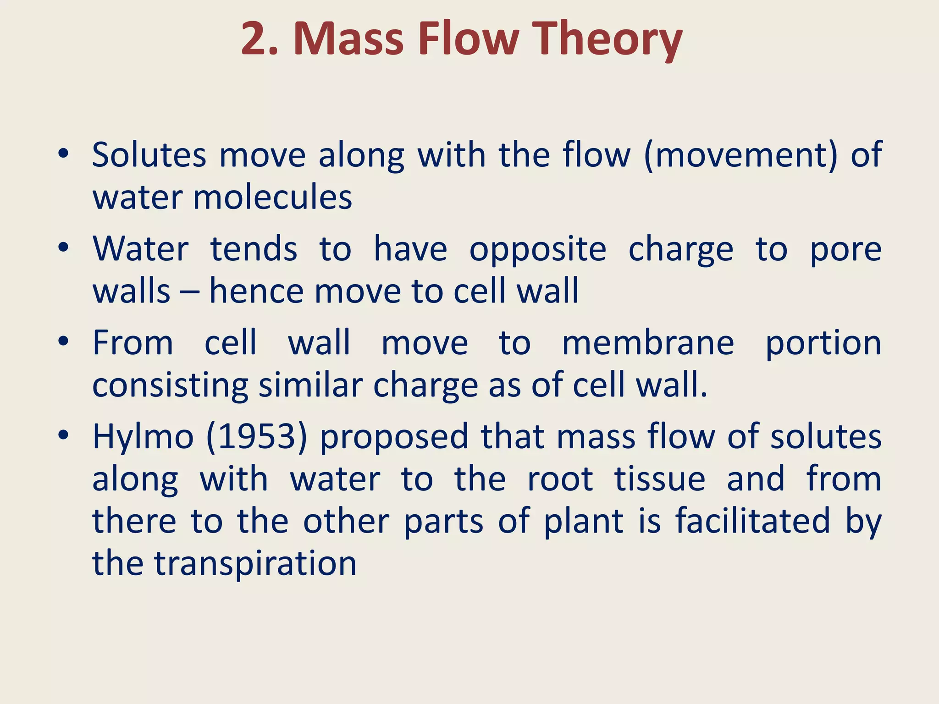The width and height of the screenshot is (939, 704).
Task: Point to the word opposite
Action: point(538,249)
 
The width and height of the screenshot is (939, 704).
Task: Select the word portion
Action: point(823,344)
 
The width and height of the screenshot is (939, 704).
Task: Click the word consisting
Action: point(170,386)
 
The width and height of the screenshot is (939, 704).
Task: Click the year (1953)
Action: point(257,437)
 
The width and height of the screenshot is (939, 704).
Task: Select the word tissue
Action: point(660,479)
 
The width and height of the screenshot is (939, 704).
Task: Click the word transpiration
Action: point(255,564)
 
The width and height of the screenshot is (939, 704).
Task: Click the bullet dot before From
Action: point(64,341)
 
